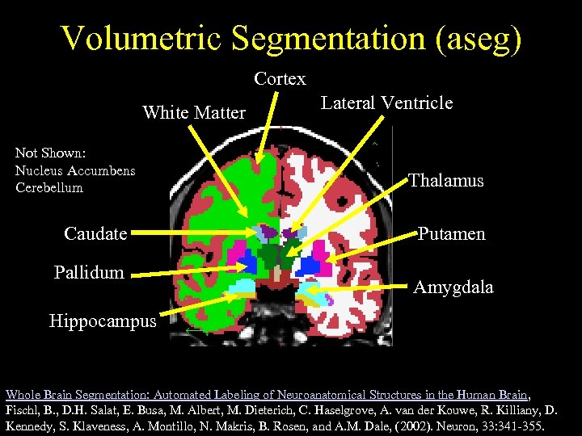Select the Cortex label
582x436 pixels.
coord(280,79)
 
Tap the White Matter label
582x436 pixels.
coord(194,113)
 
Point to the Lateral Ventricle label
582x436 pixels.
coord(386,103)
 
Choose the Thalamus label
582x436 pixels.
coord(446,180)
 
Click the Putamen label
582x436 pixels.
coord(452,234)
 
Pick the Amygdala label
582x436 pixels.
coord(453,287)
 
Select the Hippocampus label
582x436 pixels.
coord(103,321)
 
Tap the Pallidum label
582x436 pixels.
coord(89,272)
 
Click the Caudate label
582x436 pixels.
coord(95,234)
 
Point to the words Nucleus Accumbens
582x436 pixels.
coord(75,170)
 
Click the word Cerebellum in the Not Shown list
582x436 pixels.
coord(48,187)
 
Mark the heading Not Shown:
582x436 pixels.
coord(51,153)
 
